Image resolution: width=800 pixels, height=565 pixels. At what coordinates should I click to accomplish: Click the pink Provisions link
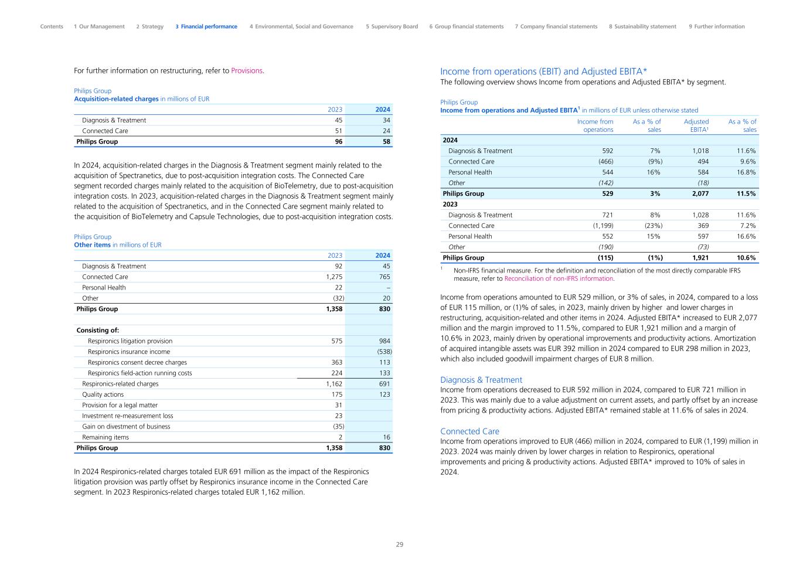point(247,71)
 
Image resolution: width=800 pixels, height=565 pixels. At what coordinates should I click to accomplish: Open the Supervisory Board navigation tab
point(392,26)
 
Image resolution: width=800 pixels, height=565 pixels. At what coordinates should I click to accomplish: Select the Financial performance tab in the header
point(206,26)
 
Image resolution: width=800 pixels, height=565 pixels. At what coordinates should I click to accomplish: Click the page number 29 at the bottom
point(400,544)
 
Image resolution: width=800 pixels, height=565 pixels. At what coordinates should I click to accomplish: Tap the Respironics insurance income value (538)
point(383,352)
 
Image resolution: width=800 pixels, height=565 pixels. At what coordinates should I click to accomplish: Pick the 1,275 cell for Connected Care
point(334,277)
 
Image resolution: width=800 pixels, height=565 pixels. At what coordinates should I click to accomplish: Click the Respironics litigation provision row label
point(130,341)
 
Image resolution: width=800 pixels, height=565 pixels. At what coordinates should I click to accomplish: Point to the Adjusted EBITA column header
point(696,125)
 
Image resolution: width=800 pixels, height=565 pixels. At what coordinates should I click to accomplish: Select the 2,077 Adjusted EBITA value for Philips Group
point(699,193)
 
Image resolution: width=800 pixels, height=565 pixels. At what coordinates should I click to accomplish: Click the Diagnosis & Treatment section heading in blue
point(481,380)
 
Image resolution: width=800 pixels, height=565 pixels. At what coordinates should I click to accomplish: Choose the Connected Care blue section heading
point(469,431)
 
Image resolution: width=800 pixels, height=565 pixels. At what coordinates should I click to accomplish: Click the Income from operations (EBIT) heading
point(543,72)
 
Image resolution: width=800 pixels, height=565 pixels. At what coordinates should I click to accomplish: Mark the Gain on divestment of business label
point(126,427)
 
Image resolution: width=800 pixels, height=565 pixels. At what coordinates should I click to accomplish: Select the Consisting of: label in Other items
point(97,331)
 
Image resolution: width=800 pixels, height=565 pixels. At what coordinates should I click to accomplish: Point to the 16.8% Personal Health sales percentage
point(746,172)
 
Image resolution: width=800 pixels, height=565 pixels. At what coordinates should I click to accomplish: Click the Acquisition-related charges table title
point(116,99)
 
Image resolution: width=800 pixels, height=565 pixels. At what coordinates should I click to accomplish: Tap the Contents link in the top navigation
point(52,26)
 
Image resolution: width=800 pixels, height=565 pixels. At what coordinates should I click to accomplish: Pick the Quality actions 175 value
point(335,394)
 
